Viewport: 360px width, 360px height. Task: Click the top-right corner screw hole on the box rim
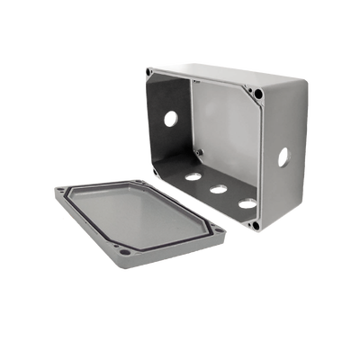pyautogui.click(x=259, y=94)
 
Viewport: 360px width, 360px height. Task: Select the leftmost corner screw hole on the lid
pyautogui.click(x=60, y=191)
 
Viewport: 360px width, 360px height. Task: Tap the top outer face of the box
pyautogui.click(x=216, y=78)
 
